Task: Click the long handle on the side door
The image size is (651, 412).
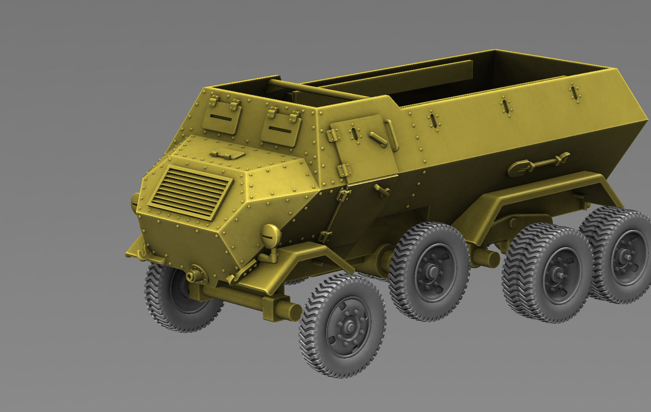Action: click(x=378, y=139)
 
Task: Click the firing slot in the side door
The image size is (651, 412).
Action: click(x=354, y=133)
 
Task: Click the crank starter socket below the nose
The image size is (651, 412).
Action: click(x=191, y=275)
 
